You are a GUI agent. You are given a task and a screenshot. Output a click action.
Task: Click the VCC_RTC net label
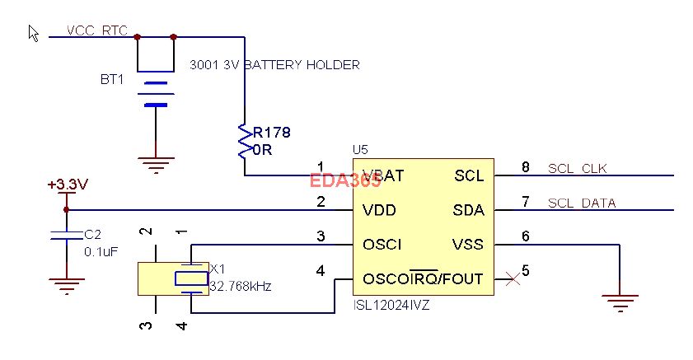click(x=96, y=30)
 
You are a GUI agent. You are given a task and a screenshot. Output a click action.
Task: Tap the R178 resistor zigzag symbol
click(x=244, y=141)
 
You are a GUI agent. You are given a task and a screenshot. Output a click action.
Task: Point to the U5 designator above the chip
click(x=360, y=150)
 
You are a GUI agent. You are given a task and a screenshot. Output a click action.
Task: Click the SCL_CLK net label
click(x=577, y=169)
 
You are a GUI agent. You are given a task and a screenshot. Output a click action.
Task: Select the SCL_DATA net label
click(x=582, y=203)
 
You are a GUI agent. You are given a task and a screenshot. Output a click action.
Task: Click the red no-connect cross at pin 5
click(x=513, y=279)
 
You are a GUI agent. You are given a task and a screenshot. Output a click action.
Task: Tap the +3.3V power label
click(x=68, y=185)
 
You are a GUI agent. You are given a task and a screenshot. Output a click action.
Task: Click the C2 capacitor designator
click(x=93, y=234)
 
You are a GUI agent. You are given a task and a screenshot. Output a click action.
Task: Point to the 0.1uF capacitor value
click(x=101, y=251)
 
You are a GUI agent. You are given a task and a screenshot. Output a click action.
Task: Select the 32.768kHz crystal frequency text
click(x=241, y=288)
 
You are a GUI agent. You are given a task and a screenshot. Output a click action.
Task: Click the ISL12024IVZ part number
click(x=391, y=304)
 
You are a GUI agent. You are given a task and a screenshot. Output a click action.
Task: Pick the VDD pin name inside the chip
click(x=379, y=211)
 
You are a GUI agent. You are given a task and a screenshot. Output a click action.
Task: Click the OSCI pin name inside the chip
click(x=382, y=245)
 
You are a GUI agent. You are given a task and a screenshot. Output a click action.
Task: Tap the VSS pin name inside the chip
click(x=467, y=245)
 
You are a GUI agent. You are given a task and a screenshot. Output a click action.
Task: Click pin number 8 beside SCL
click(x=525, y=168)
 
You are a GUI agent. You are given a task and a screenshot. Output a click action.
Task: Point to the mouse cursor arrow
click(x=34, y=33)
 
